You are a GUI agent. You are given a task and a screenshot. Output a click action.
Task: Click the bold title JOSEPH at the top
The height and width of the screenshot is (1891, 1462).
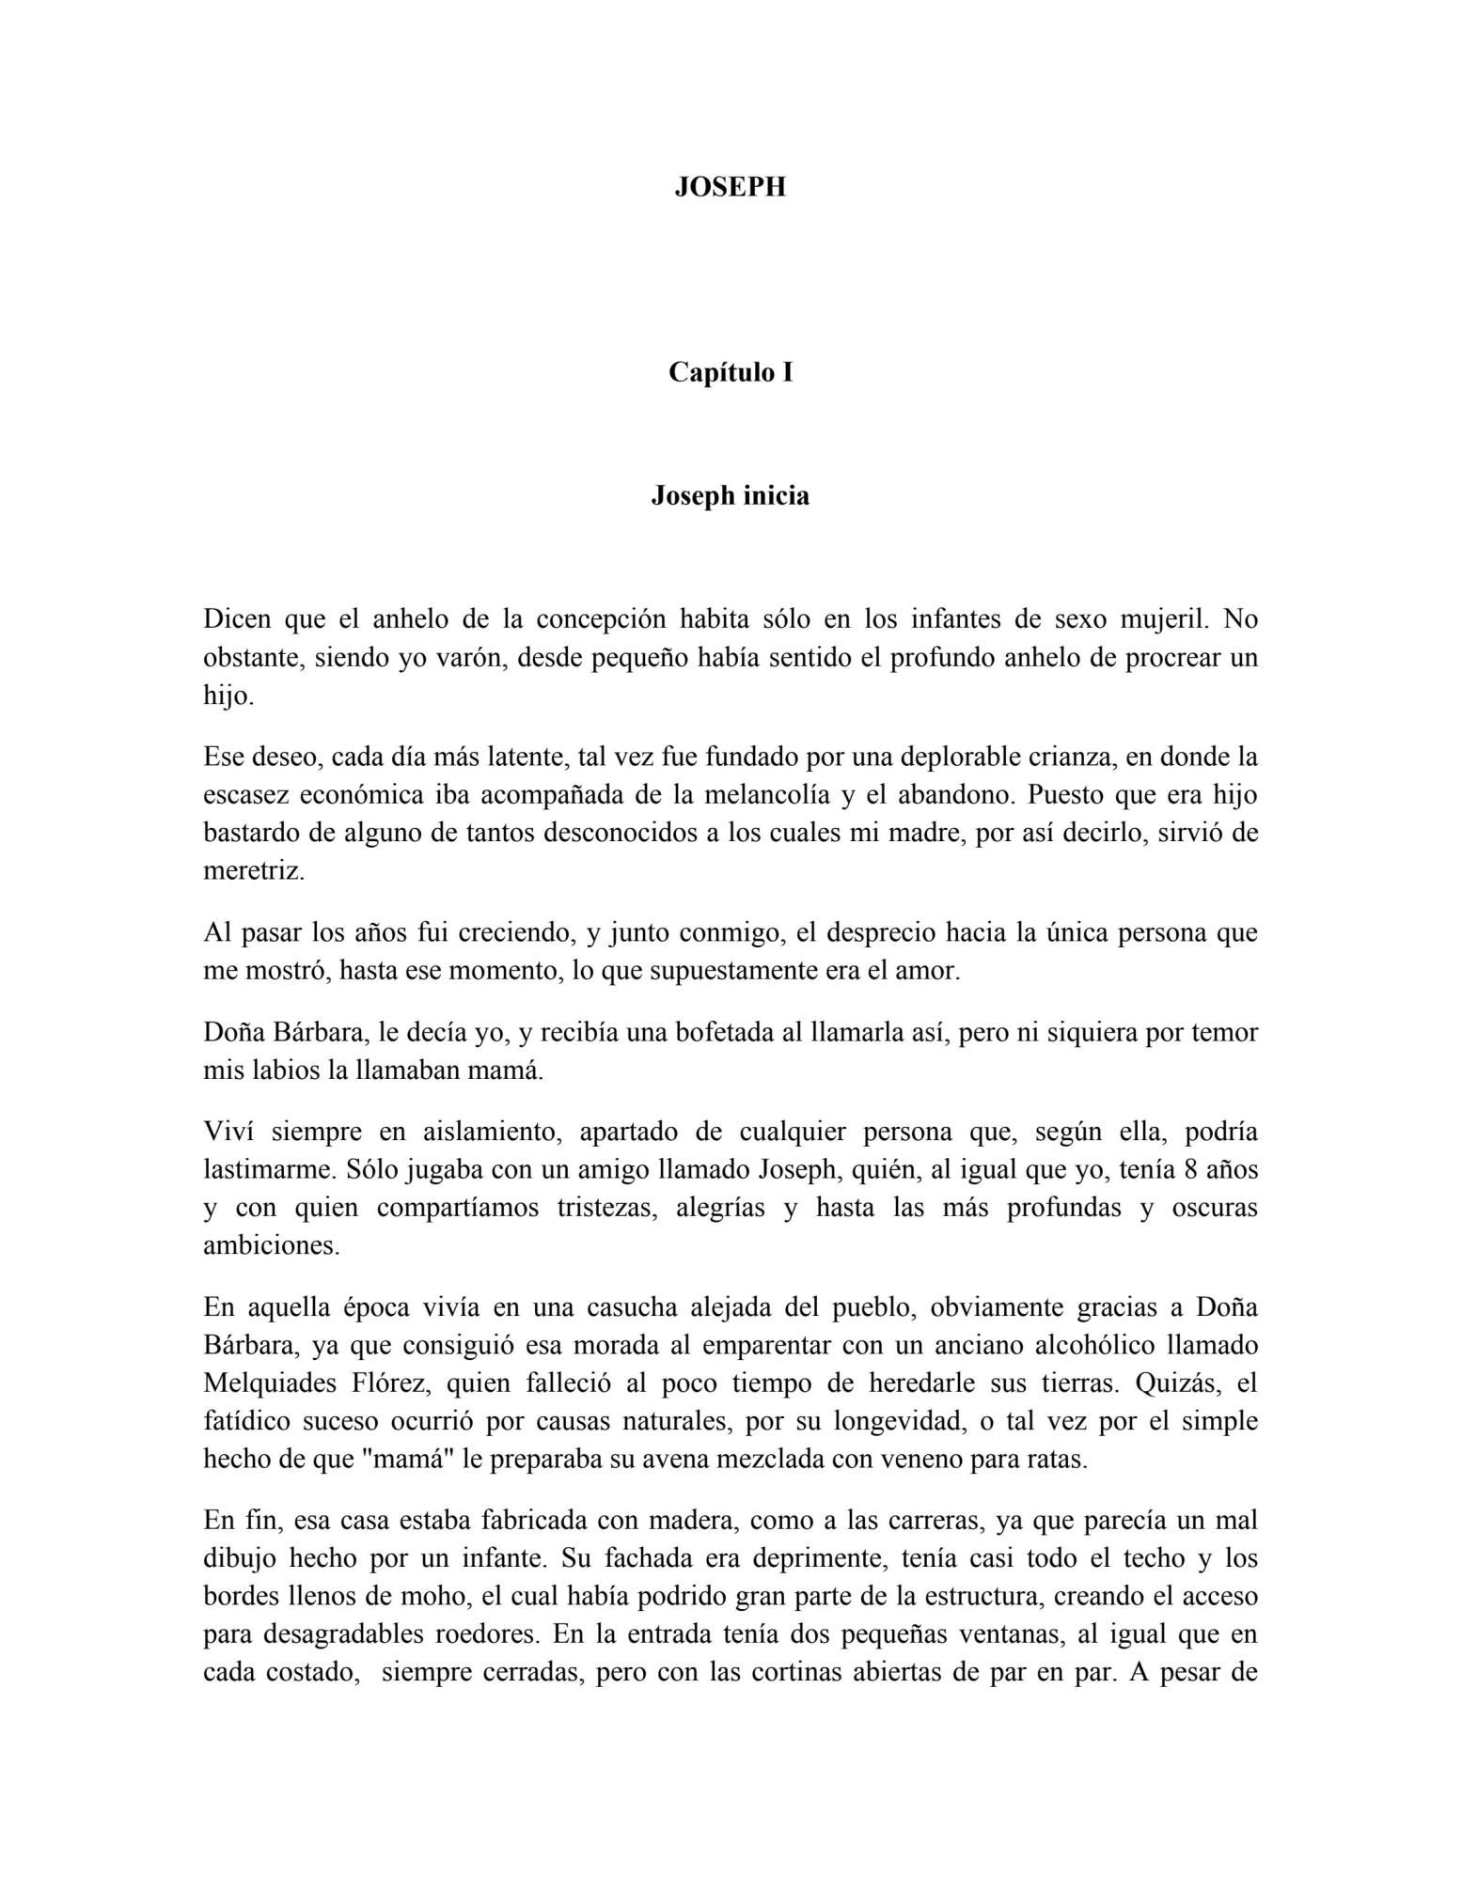point(730,187)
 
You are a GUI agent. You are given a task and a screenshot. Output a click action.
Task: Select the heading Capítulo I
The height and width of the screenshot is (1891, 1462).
point(730,373)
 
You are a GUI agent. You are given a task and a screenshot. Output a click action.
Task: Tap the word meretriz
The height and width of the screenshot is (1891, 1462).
point(254,871)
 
